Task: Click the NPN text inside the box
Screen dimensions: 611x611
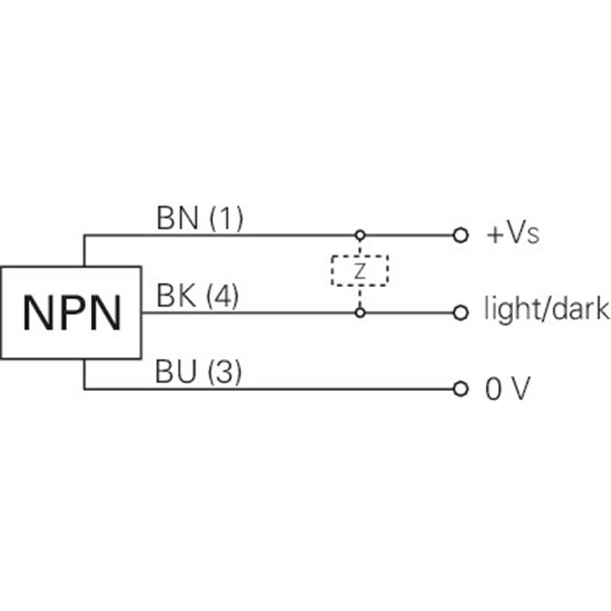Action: pos(71,313)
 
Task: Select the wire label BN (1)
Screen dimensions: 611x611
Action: pos(199,219)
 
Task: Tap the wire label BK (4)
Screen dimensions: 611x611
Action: pos(198,296)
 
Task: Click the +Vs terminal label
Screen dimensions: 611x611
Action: pos(512,234)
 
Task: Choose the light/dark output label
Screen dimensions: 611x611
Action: pos(547,311)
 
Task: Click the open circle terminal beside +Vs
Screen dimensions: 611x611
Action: pos(460,235)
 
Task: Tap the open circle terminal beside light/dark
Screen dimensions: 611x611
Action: pos(460,312)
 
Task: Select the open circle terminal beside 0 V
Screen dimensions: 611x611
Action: pos(460,390)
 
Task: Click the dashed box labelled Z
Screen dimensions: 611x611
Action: pos(360,270)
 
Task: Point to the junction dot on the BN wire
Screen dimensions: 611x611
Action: pos(360,235)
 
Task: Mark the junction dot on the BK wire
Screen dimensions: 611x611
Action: pos(360,312)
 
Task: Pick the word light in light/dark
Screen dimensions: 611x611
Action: pos(512,311)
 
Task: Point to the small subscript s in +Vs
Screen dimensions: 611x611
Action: pos(533,237)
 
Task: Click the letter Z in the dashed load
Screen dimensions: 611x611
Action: pos(360,270)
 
